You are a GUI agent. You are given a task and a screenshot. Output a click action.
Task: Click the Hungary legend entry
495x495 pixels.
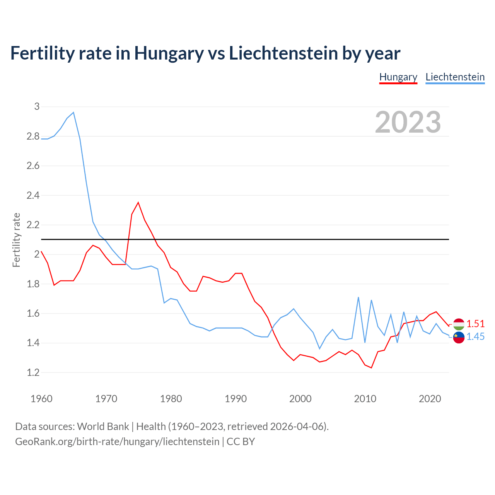pos(398,77)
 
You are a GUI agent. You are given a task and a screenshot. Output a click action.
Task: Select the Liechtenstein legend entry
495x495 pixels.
pos(455,77)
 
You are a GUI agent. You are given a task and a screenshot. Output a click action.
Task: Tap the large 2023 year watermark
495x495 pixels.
pos(408,122)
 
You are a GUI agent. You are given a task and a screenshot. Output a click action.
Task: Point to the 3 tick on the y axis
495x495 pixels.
pos(37,106)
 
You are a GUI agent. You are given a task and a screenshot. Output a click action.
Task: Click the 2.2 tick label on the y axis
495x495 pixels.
pos(33,225)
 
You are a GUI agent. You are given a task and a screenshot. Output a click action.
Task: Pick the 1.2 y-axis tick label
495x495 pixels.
pos(33,372)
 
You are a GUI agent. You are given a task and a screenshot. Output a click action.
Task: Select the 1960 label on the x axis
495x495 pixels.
pos(41,399)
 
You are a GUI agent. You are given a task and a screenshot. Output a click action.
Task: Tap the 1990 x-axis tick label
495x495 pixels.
pos(236,399)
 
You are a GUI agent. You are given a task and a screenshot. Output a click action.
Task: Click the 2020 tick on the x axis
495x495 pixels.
pos(430,399)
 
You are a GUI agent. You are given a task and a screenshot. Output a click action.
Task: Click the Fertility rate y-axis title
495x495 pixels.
pos(16,240)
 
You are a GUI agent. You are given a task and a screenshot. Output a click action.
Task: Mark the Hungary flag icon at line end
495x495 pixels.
pos(459,324)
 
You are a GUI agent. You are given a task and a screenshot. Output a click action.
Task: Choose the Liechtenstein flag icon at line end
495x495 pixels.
pos(459,337)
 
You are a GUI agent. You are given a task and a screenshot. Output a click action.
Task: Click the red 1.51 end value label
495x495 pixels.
pos(475,324)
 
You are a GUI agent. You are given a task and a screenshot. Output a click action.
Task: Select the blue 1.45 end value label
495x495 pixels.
pos(475,337)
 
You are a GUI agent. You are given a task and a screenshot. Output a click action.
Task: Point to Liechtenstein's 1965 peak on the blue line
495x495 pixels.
pos(73,113)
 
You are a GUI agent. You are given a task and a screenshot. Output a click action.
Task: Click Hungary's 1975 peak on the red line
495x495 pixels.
pos(138,202)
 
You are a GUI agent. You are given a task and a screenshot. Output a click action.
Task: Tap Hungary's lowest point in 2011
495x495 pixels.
pos(371,368)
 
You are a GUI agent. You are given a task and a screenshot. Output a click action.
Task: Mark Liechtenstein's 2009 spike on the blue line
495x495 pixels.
pos(358,297)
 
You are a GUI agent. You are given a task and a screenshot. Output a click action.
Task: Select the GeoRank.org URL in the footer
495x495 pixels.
pos(117,441)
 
